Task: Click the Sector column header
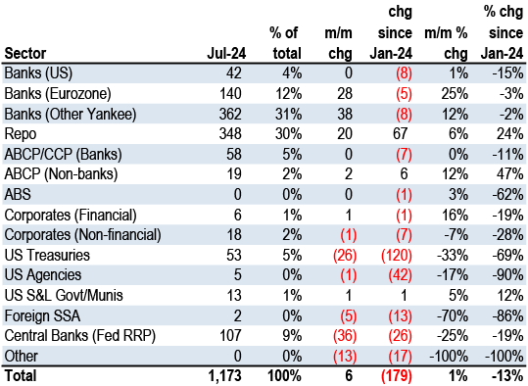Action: (25, 53)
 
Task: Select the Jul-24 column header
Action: (226, 53)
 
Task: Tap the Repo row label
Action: (21, 134)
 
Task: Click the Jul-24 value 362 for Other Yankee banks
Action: (230, 114)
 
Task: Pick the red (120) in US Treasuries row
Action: (397, 255)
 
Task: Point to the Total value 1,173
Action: (225, 376)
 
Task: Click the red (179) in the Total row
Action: (397, 376)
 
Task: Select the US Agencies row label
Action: (43, 275)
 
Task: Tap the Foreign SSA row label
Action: (42, 315)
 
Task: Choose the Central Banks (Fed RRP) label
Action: (79, 336)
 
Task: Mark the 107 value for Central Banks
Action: (230, 336)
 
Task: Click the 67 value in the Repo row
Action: (400, 134)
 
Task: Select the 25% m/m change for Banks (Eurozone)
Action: (455, 94)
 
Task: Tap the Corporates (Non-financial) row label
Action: (82, 235)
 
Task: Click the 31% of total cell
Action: (288, 114)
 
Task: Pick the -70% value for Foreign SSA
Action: (453, 315)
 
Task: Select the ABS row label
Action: (18, 194)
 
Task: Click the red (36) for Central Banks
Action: (345, 336)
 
